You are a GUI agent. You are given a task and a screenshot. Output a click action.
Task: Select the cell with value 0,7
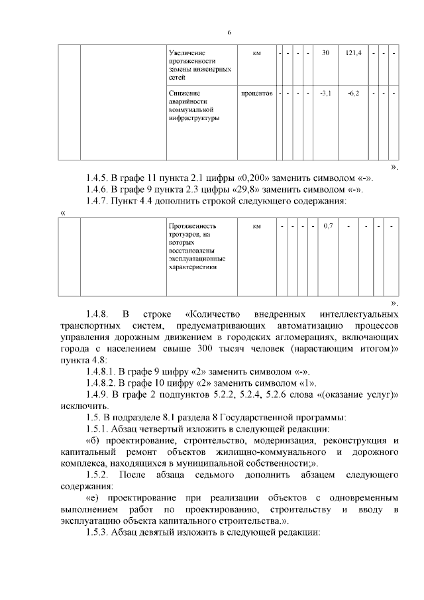click(x=327, y=227)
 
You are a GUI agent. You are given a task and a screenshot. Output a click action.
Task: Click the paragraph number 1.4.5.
click(x=100, y=177)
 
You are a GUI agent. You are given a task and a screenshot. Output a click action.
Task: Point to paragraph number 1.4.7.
click(x=100, y=201)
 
